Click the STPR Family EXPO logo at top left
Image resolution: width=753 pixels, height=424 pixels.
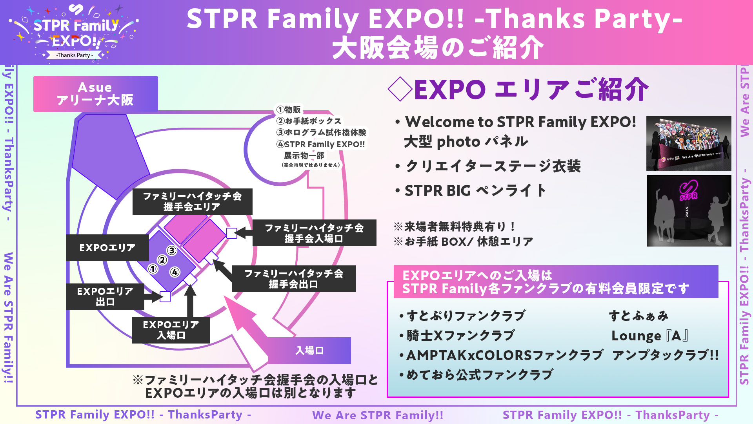(x=73, y=33)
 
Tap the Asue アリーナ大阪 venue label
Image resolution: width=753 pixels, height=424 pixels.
(x=96, y=94)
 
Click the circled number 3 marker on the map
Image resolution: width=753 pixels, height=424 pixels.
(x=171, y=250)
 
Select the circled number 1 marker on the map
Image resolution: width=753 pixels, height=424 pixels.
(x=153, y=269)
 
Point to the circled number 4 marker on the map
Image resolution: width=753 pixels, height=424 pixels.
(x=175, y=272)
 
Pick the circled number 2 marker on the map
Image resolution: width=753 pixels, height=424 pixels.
(x=162, y=260)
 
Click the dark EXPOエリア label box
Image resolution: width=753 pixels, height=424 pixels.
(x=107, y=248)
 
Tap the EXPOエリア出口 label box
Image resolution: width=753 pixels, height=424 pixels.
(x=105, y=297)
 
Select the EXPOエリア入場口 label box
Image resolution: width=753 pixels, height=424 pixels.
(x=171, y=330)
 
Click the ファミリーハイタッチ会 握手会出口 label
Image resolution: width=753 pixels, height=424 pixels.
(x=294, y=279)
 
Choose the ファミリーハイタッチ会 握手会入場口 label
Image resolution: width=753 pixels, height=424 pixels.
(x=314, y=233)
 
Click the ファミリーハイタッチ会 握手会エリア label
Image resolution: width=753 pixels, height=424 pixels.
(x=192, y=202)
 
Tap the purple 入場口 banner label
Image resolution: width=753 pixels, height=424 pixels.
(x=309, y=351)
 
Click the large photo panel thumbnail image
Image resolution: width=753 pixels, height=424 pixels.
(x=689, y=143)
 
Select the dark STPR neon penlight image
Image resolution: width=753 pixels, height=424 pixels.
(x=689, y=211)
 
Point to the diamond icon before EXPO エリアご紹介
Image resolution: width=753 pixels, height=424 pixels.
(x=400, y=89)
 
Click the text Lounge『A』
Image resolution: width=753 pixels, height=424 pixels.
(x=650, y=336)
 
